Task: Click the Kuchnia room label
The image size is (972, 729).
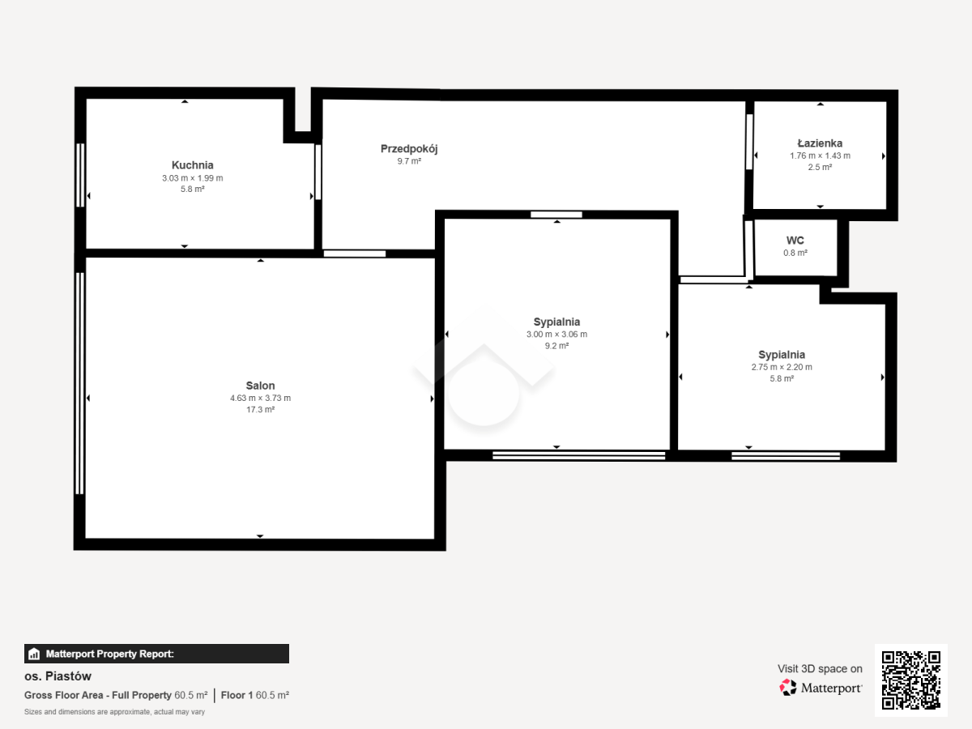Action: (192, 165)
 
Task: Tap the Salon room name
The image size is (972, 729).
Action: (260, 386)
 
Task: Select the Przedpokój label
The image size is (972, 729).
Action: (409, 149)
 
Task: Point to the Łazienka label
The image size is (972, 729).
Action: (820, 143)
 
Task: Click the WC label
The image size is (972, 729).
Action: (795, 241)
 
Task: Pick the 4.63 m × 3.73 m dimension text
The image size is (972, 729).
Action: (260, 398)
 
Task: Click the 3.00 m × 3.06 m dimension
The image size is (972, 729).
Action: (556, 335)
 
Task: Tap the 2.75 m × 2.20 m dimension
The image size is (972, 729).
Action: (782, 367)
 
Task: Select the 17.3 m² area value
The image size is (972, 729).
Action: (260, 409)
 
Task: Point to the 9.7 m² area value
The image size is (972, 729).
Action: (409, 161)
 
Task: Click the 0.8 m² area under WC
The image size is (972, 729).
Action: (795, 253)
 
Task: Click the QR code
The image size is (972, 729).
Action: (911, 680)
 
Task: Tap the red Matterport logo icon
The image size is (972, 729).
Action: (788, 688)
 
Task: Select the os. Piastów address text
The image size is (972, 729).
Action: (58, 676)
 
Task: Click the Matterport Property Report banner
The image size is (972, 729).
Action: (156, 654)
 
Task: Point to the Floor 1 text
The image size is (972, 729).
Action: (237, 695)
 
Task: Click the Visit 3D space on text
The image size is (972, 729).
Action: (820, 669)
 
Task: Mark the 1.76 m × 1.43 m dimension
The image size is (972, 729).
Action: (820, 156)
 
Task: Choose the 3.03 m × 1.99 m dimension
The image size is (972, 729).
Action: (192, 178)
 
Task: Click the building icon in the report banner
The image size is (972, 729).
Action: (34, 654)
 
